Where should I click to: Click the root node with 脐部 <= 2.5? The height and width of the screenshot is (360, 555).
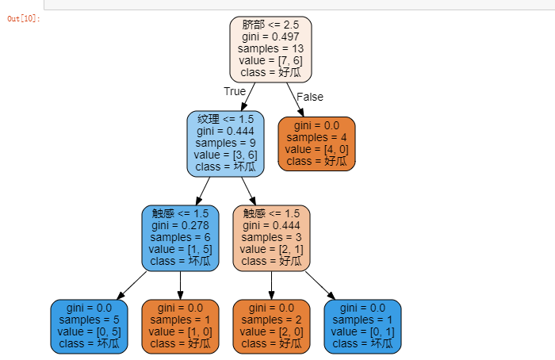270,48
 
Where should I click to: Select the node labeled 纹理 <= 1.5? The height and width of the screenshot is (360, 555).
225,143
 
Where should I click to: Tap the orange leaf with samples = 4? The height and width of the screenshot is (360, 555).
316,144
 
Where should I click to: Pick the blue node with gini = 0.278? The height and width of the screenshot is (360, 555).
180,237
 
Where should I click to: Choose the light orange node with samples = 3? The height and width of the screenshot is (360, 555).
271,237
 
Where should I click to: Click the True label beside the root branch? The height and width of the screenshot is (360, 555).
235,91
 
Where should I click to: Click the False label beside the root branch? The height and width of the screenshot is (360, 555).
309,97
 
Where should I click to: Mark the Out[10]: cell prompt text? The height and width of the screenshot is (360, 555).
24,18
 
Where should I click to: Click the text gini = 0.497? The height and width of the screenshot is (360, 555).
270,36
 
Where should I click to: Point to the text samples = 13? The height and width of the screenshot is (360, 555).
270,48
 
